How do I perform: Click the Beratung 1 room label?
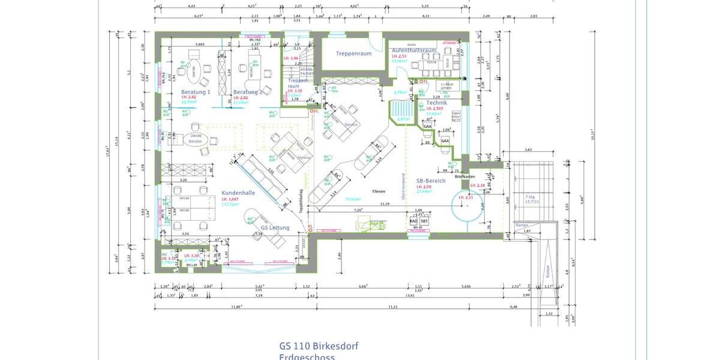point(196,92)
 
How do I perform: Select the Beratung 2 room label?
point(245,92)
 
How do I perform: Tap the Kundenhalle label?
point(238,193)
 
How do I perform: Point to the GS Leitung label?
point(275,227)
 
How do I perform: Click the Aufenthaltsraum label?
point(413,50)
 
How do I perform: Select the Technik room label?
point(436,103)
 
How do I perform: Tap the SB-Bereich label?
point(430,180)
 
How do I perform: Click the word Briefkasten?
point(465,176)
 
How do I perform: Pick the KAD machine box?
point(413,221)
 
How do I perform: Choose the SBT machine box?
point(424,221)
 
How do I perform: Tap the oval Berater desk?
point(196,139)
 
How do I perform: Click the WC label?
point(164,254)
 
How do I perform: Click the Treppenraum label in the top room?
point(353,53)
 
